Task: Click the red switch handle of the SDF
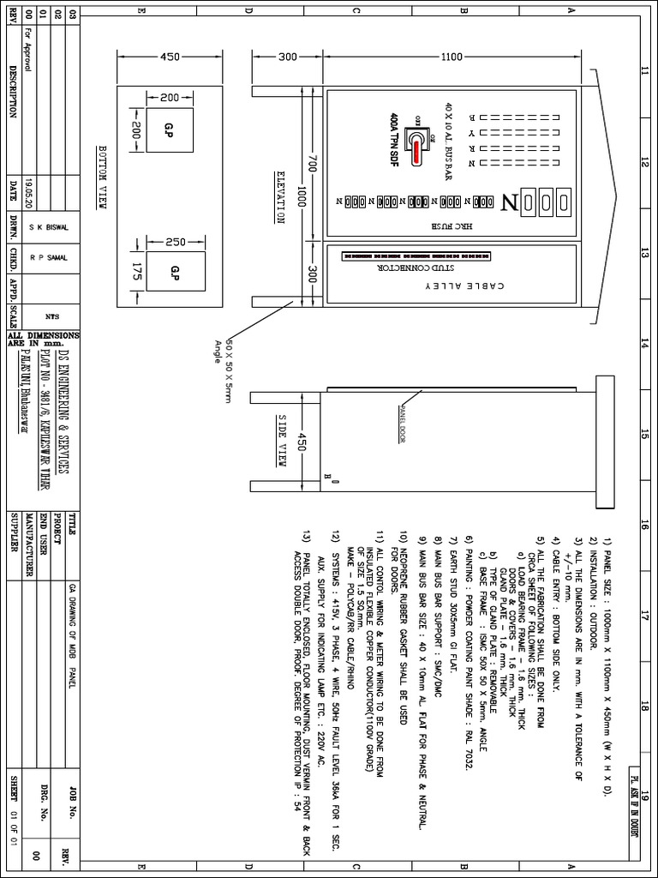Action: click(x=416, y=152)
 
